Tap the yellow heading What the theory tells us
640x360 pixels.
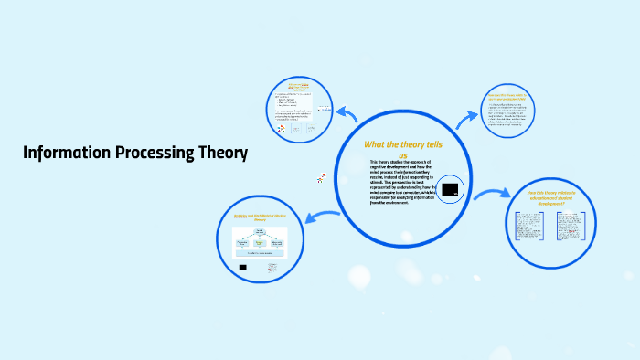402,149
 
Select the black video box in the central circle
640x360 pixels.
449,190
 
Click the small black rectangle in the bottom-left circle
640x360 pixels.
243,268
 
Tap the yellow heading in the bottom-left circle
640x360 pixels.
263,217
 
